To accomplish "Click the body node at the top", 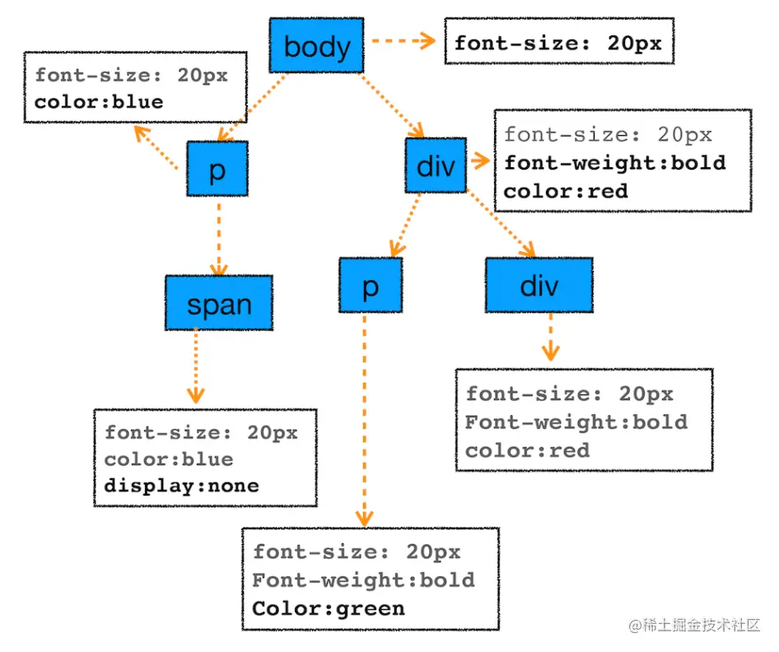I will pyautogui.click(x=316, y=46).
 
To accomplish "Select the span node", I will pyautogui.click(x=219, y=304).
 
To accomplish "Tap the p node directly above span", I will pyautogui.click(x=217, y=169).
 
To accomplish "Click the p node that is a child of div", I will pyautogui.click(x=370, y=285).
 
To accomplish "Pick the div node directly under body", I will pyautogui.click(x=436, y=165).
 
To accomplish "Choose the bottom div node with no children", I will pyautogui.click(x=539, y=285).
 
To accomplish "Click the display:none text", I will pyautogui.click(x=181, y=486).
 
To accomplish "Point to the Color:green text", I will pyautogui.click(x=329, y=608).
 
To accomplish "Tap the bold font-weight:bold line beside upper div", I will pyautogui.click(x=614, y=162).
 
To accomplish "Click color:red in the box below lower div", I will pyautogui.click(x=527, y=450).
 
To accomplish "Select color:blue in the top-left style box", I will pyautogui.click(x=99, y=102).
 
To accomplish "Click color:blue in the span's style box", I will pyautogui.click(x=169, y=459).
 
